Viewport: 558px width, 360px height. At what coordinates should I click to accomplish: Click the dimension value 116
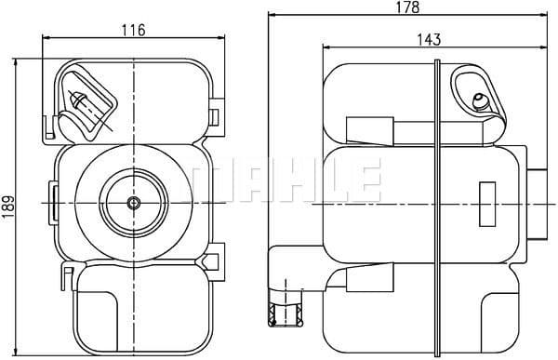tap(134, 30)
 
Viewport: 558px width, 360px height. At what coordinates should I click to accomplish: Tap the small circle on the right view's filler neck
tap(480, 100)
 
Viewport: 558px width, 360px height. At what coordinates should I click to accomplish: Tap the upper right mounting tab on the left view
tap(216, 114)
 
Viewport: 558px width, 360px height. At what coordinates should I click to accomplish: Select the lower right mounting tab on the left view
tap(217, 257)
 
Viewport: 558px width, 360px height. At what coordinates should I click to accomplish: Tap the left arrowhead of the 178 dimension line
tap(271, 16)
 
